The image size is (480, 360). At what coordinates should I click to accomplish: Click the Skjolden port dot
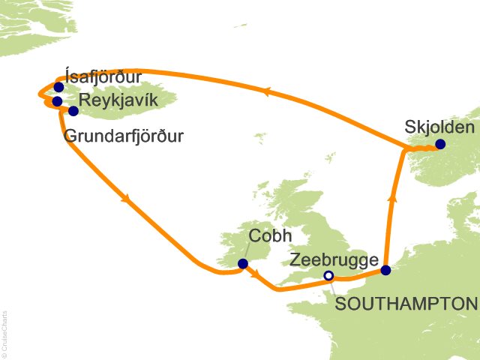[x=439, y=144]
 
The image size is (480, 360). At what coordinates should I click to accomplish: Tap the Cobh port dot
[x=242, y=263]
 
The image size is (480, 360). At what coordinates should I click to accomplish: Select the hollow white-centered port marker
[x=328, y=276]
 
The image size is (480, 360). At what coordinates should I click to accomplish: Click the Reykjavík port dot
[x=73, y=111]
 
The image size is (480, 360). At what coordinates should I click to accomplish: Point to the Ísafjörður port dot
[x=58, y=87]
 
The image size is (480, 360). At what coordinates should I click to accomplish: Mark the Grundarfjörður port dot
[x=57, y=100]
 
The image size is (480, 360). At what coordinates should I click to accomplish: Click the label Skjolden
[x=439, y=126]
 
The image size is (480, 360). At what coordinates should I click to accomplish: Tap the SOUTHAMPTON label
[x=406, y=304]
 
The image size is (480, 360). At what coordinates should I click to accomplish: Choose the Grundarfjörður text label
[x=124, y=137]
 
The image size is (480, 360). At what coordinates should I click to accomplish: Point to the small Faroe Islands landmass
[x=260, y=139]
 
